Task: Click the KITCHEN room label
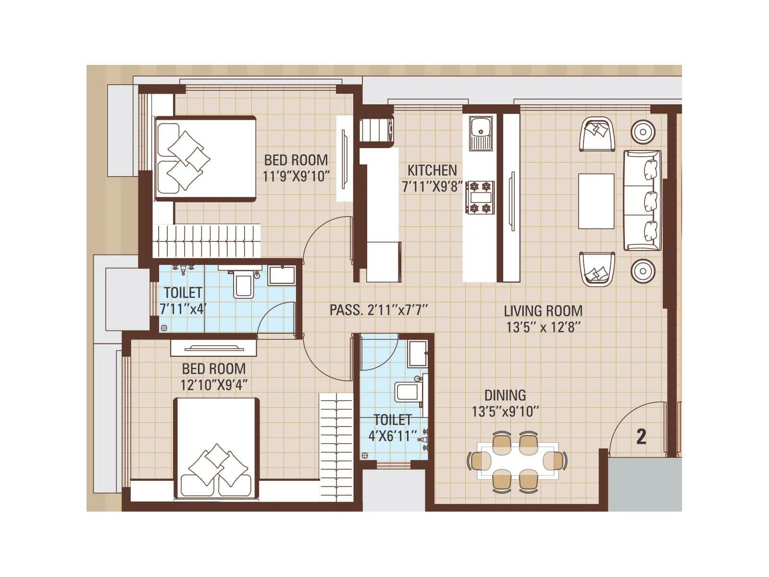tap(432, 170)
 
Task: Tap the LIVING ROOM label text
tap(543, 311)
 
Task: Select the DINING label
tap(505, 395)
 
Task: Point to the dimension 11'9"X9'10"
tap(296, 176)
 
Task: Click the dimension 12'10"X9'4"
tap(214, 385)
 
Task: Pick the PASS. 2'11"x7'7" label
tap(378, 310)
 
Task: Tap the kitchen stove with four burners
tap(480, 197)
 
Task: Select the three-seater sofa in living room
tap(643, 201)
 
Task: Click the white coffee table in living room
tap(596, 201)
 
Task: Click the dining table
tap(518, 461)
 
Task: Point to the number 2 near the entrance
tap(641, 437)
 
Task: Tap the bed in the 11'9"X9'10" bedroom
tap(205, 158)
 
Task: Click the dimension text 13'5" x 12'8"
tap(543, 327)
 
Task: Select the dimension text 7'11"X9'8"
tap(432, 187)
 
